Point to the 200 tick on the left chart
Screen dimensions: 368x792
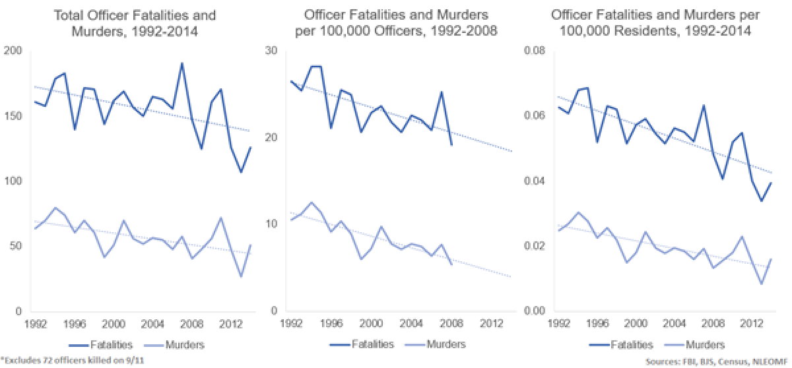coord(13,51)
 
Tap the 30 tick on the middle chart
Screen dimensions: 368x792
coord(271,51)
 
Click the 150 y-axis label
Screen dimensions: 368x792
coord(13,116)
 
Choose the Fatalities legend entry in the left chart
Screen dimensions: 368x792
coord(104,344)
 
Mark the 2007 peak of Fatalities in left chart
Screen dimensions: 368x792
coord(181,63)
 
